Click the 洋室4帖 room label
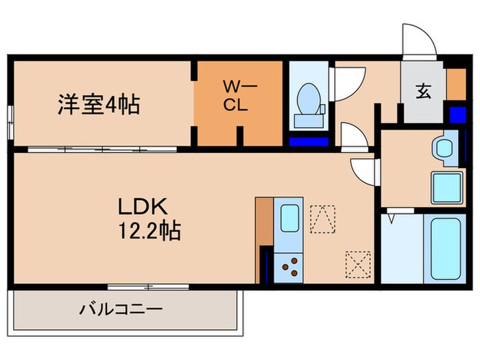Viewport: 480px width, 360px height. (98, 106)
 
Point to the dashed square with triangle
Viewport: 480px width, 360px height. (321, 219)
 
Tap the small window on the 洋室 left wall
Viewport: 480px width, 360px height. (10, 123)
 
